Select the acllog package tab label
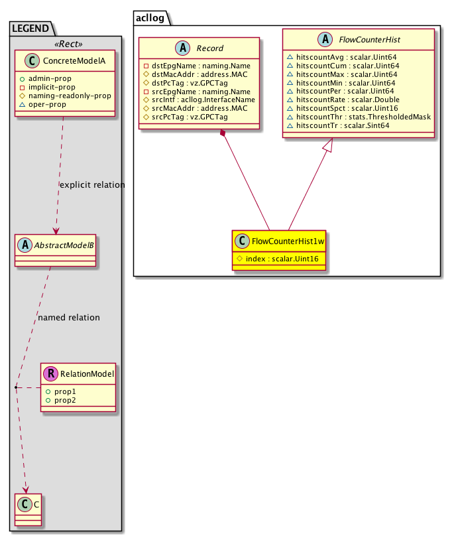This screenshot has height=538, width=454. pyautogui.click(x=152, y=17)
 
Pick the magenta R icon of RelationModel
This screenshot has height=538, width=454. pyautogui.click(x=52, y=374)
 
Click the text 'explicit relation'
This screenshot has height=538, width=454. pyautogui.click(x=91, y=184)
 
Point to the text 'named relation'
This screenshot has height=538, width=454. pyautogui.click(x=69, y=318)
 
